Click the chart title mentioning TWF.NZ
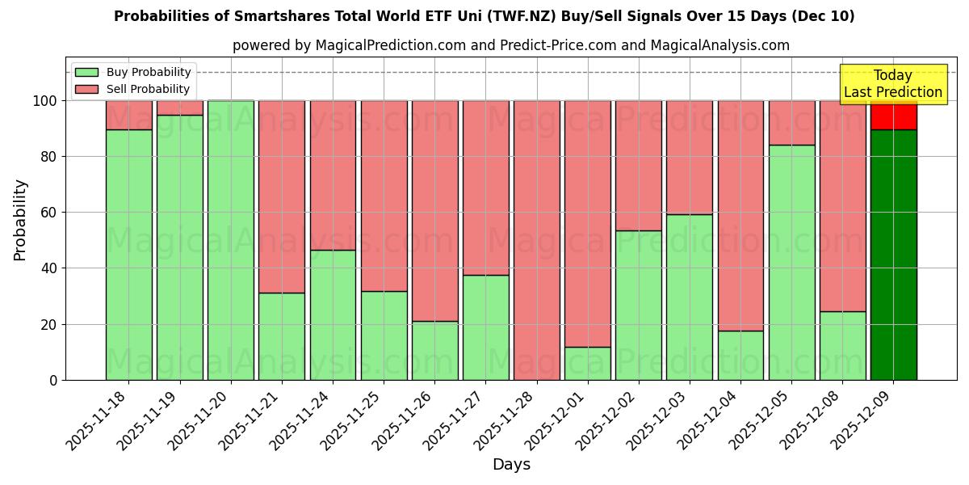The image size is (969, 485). click(x=484, y=16)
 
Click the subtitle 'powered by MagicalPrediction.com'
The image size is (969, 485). click(x=510, y=45)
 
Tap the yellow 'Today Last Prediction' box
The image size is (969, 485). click(x=892, y=84)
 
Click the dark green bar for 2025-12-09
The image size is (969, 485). click(x=893, y=255)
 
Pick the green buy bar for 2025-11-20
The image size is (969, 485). click(x=231, y=240)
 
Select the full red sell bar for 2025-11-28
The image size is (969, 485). click(x=537, y=240)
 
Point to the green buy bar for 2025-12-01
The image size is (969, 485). click(x=588, y=364)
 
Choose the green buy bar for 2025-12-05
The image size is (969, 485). click(x=791, y=262)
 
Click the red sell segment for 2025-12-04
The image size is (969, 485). click(x=740, y=215)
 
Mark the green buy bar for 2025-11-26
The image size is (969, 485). click(x=435, y=350)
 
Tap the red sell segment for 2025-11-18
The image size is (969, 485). click(x=129, y=115)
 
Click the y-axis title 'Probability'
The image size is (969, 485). click(x=20, y=220)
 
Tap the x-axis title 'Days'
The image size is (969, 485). click(x=511, y=465)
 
